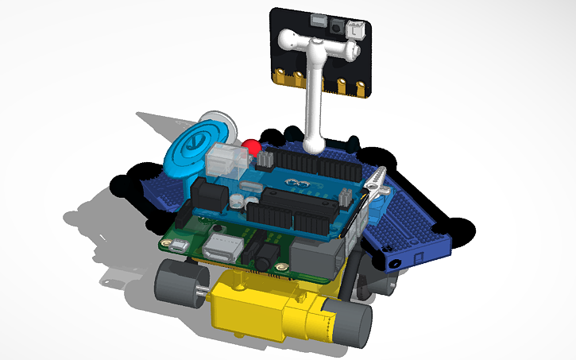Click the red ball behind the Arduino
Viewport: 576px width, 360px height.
pyautogui.click(x=252, y=147)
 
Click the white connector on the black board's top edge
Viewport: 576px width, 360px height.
pyautogui.click(x=354, y=28)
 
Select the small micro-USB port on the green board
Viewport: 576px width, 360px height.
pyautogui.click(x=179, y=245)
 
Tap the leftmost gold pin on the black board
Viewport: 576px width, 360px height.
pyautogui.click(x=280, y=76)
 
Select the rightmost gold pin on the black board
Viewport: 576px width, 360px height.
pyautogui.click(x=360, y=87)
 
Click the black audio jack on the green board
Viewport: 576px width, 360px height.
pyautogui.click(x=262, y=259)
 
